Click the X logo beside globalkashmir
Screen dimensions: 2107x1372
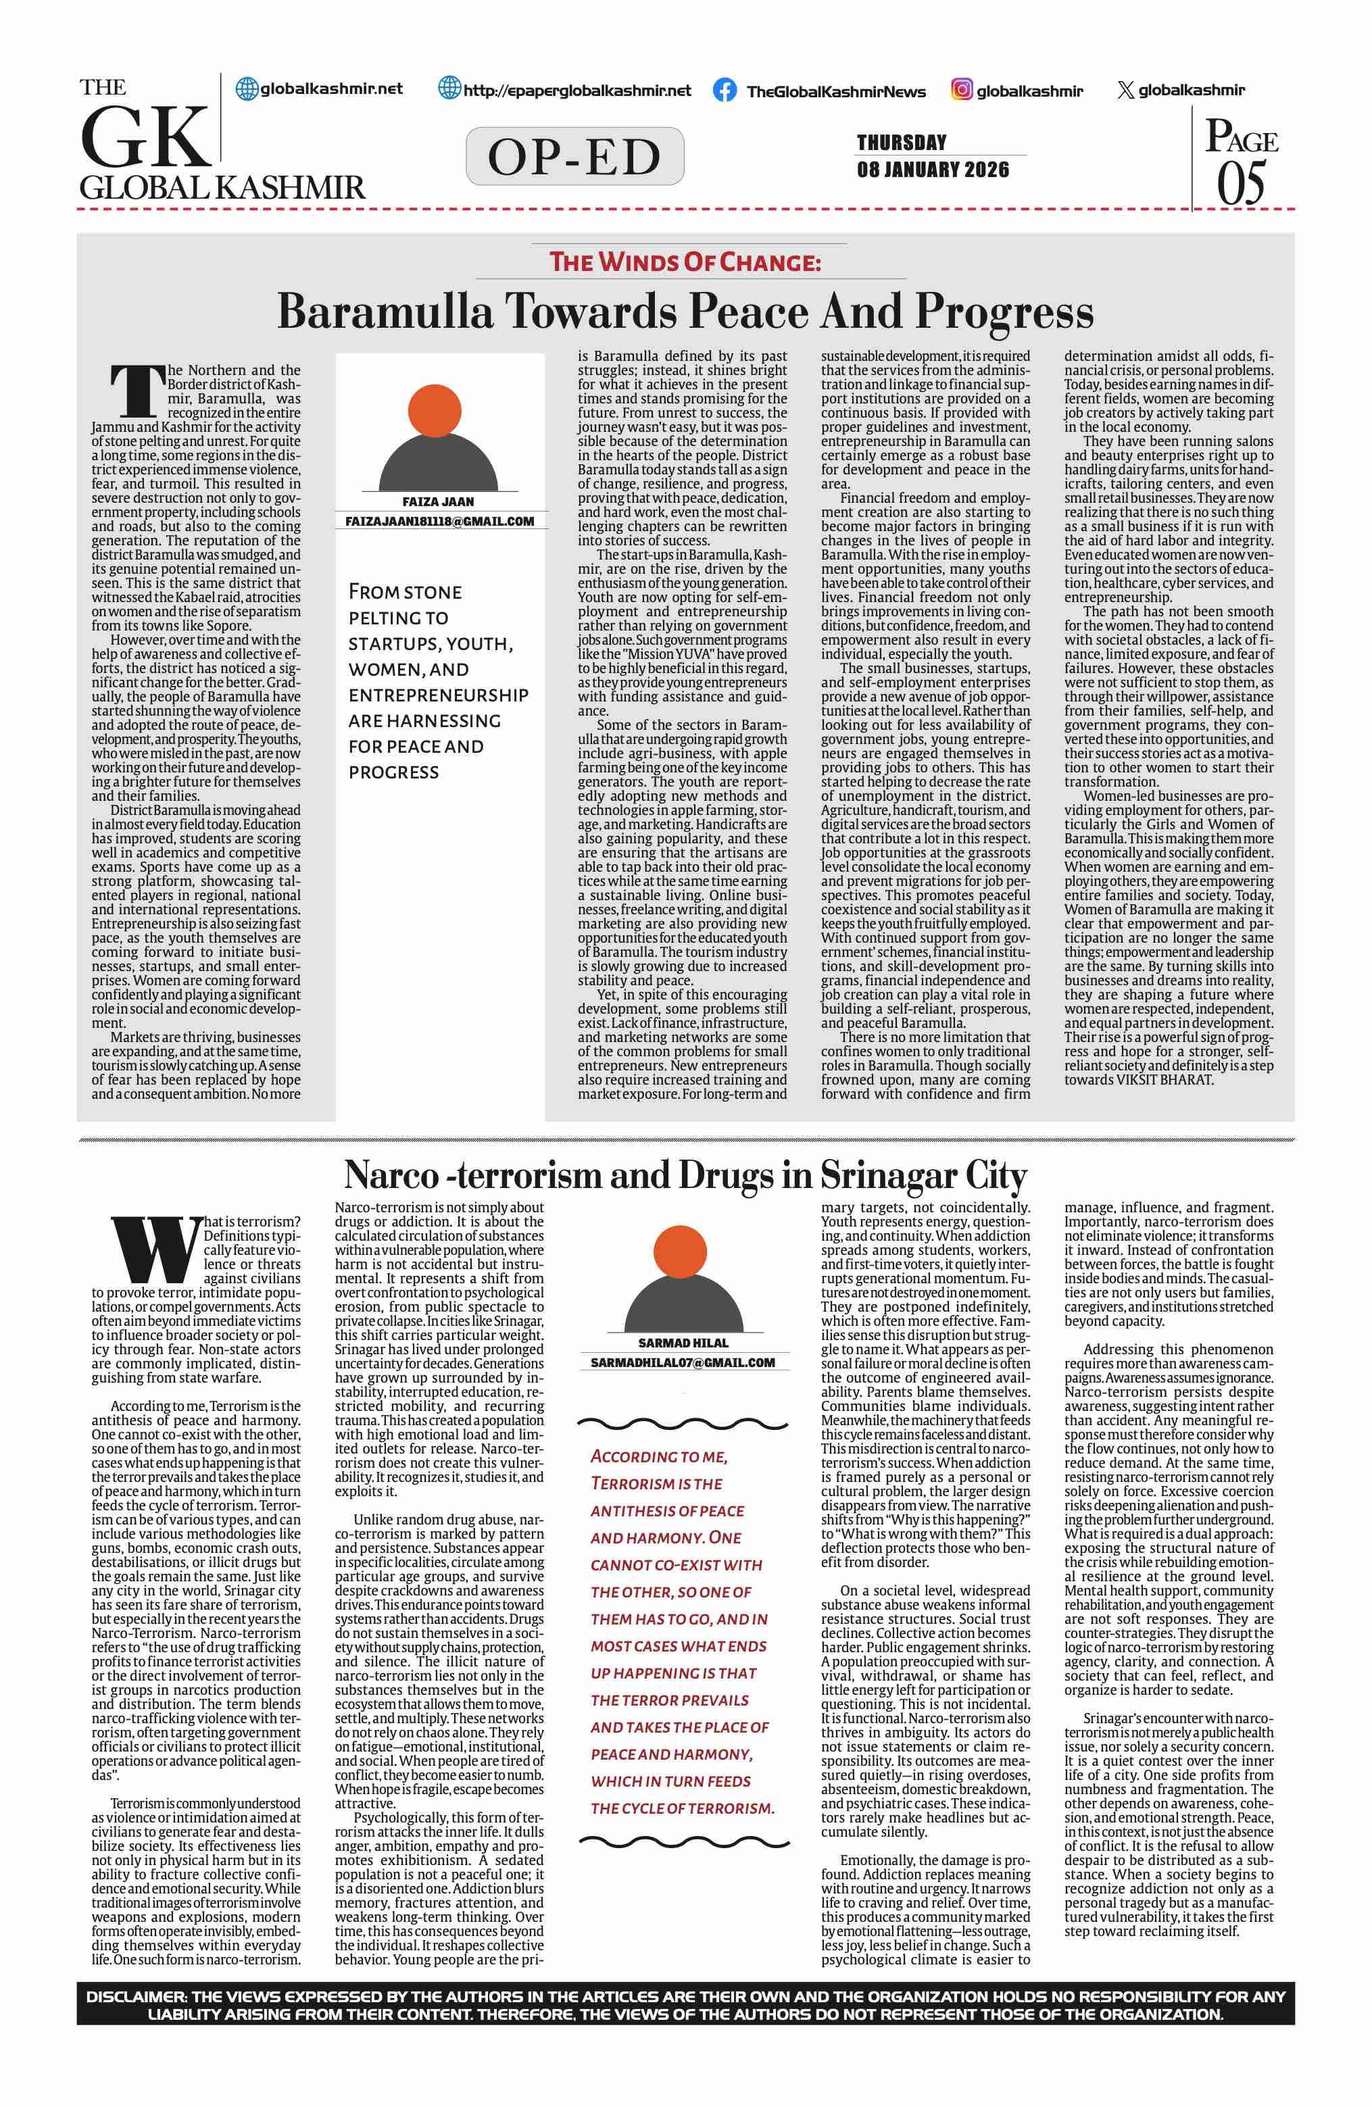pyautogui.click(x=1125, y=91)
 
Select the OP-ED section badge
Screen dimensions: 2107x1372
pyautogui.click(x=574, y=157)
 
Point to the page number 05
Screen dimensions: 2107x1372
pyautogui.click(x=1241, y=183)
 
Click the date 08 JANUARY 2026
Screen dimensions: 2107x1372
pyautogui.click(x=932, y=169)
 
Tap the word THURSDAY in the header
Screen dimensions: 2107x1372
pyautogui.click(x=901, y=143)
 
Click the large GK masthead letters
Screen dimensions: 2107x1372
pyautogui.click(x=146, y=137)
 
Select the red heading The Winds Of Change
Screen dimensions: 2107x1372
pyautogui.click(x=685, y=262)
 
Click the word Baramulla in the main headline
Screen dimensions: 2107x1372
pyautogui.click(x=385, y=312)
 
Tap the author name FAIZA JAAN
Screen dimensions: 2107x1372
pyautogui.click(x=438, y=501)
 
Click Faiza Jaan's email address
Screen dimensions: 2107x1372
pyautogui.click(x=439, y=522)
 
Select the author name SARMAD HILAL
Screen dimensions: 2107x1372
pyautogui.click(x=683, y=1343)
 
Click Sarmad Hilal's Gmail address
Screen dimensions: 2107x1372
pyautogui.click(x=683, y=1362)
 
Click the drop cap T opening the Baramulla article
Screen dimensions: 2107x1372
pyautogui.click(x=137, y=391)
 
